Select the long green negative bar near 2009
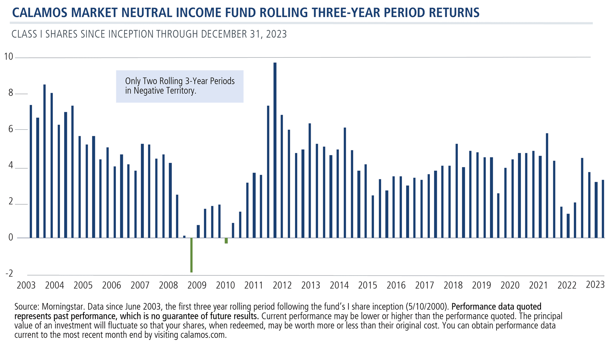pos(191,255)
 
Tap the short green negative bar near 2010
pos(226,241)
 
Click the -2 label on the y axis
pos(9,274)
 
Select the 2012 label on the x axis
pos(282,285)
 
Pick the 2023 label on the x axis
pos(595,285)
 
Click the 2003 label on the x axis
pos(26,285)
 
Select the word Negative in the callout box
pos(148,91)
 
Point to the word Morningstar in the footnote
pos(60,307)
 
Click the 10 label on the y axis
pos(8,57)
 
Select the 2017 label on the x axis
pos(424,285)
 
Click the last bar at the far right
pos(603,209)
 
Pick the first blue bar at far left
pos(31,171)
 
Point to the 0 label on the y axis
pos(10,237)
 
